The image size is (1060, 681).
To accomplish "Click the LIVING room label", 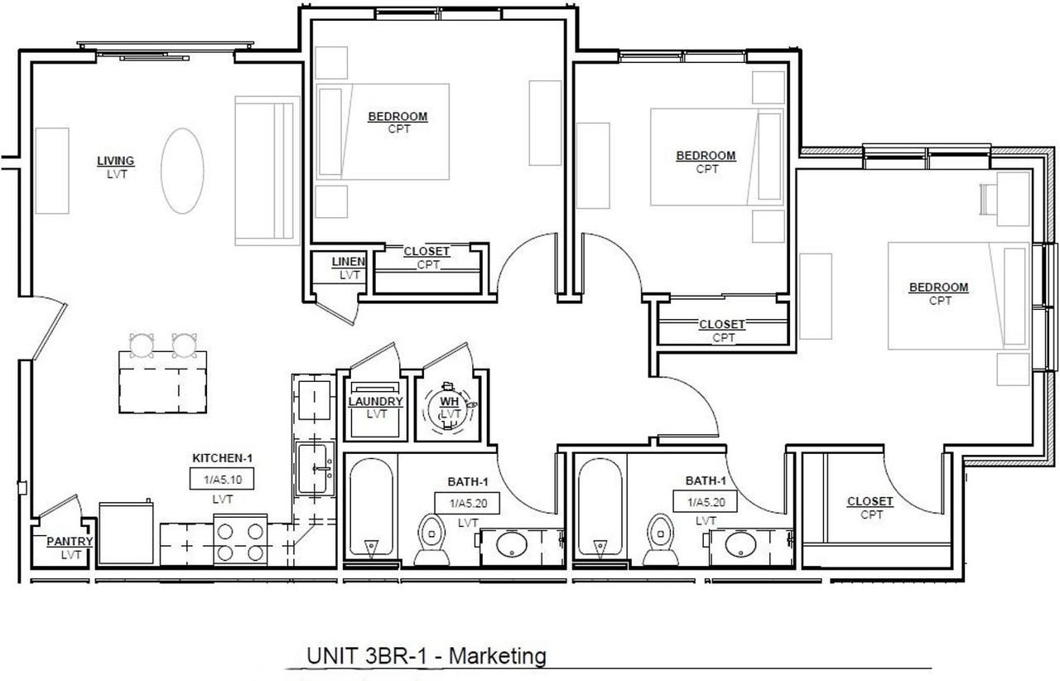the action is tap(116, 161).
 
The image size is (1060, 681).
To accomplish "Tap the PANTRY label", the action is tap(70, 541).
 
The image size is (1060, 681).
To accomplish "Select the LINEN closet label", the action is tap(349, 262).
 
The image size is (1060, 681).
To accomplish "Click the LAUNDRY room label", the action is tap(376, 402).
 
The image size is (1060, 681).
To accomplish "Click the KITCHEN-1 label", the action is tap(223, 458).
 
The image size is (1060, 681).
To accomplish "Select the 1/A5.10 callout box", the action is tap(222, 479).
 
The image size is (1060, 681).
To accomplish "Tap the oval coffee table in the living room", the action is tap(182, 171).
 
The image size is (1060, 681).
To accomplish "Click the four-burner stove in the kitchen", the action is tap(240, 540).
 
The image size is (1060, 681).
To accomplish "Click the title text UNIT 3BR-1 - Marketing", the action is tap(426, 656).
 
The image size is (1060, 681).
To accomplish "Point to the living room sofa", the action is tap(267, 171).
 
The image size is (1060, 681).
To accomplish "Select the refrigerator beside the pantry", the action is tap(127, 534).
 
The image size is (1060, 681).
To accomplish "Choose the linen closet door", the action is tap(335, 312).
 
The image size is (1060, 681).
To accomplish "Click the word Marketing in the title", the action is tap(498, 656).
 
